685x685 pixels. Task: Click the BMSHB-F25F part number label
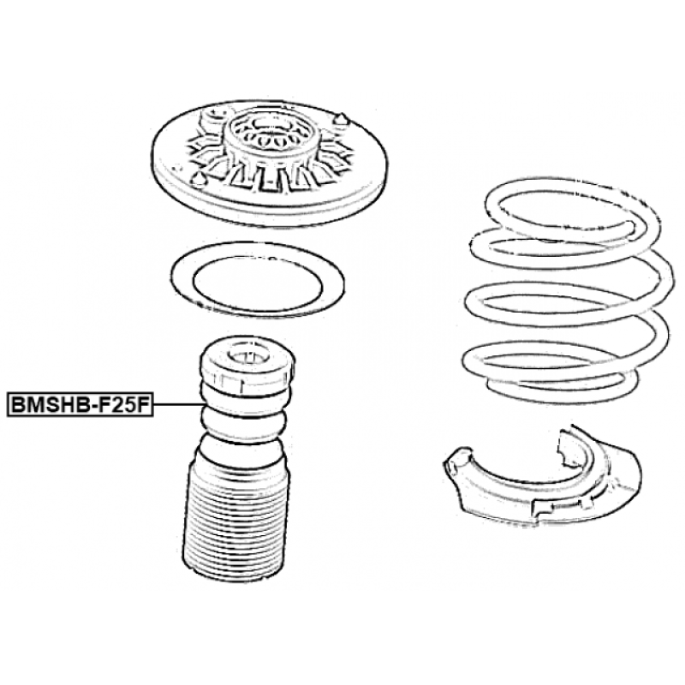(x=80, y=404)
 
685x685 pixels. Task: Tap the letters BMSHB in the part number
(x=47, y=404)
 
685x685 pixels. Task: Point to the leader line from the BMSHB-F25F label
(x=178, y=404)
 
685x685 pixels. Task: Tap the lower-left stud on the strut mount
(x=198, y=180)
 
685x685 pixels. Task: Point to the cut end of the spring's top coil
(x=631, y=226)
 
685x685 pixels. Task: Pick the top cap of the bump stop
(x=247, y=365)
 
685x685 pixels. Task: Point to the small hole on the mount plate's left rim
(x=176, y=167)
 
